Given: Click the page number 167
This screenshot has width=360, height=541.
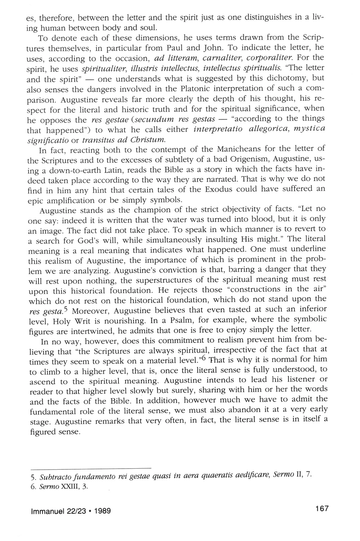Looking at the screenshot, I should coord(322,509).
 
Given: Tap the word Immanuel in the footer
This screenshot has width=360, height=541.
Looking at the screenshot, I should coord(46,510).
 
